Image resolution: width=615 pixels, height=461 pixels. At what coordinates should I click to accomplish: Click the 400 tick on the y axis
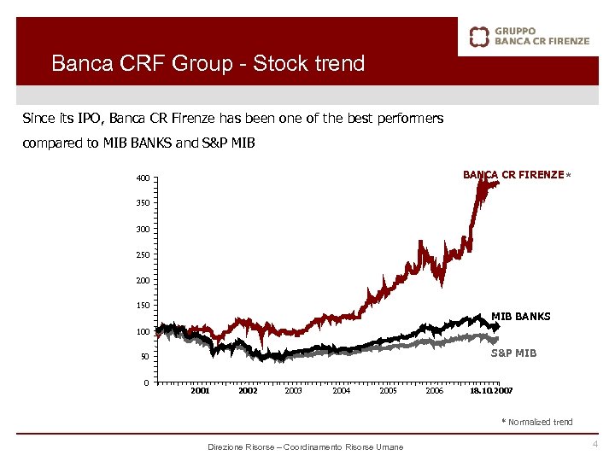[x=141, y=178]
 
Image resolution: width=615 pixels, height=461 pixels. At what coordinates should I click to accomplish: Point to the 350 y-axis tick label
[x=141, y=203]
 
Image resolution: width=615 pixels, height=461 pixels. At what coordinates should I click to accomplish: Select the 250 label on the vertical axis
[x=141, y=255]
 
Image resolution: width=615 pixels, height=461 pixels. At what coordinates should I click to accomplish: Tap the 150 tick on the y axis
[x=141, y=306]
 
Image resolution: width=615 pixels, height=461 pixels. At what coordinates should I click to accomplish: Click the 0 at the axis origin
[x=146, y=382]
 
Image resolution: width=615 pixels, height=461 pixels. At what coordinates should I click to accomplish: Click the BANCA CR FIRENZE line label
[x=513, y=175]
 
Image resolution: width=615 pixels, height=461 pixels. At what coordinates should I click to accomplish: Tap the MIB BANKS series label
[x=521, y=317]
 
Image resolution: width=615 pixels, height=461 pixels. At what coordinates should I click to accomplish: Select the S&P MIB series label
[x=513, y=353]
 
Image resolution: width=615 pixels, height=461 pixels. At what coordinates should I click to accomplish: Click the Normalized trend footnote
[x=539, y=422]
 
